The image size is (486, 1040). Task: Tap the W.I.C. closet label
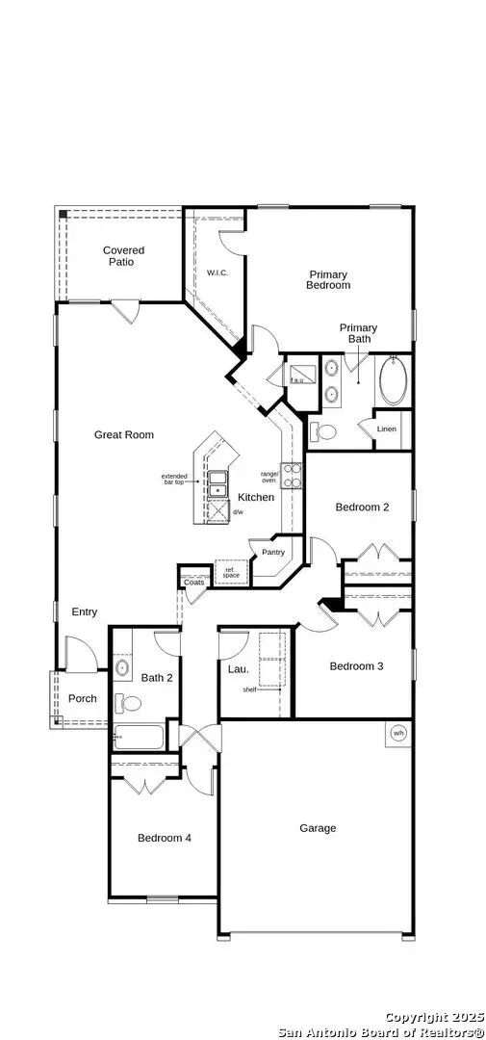point(217,273)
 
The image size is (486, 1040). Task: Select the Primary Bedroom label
point(327,280)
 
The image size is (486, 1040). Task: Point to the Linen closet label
point(386,429)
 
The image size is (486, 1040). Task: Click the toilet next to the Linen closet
point(324,432)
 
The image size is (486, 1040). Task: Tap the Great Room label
point(123,435)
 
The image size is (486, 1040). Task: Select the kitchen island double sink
point(218,478)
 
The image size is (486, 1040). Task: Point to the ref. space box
point(231,571)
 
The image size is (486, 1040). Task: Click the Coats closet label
point(193,583)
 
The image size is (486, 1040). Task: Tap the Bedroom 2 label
point(362,507)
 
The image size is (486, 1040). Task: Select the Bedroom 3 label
point(356,666)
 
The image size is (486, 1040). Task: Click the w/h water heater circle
point(397,734)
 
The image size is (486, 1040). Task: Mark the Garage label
point(318,828)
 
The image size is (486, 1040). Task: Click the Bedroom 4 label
point(164,839)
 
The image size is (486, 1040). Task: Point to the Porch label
point(82,698)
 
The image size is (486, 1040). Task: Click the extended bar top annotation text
point(174,480)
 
